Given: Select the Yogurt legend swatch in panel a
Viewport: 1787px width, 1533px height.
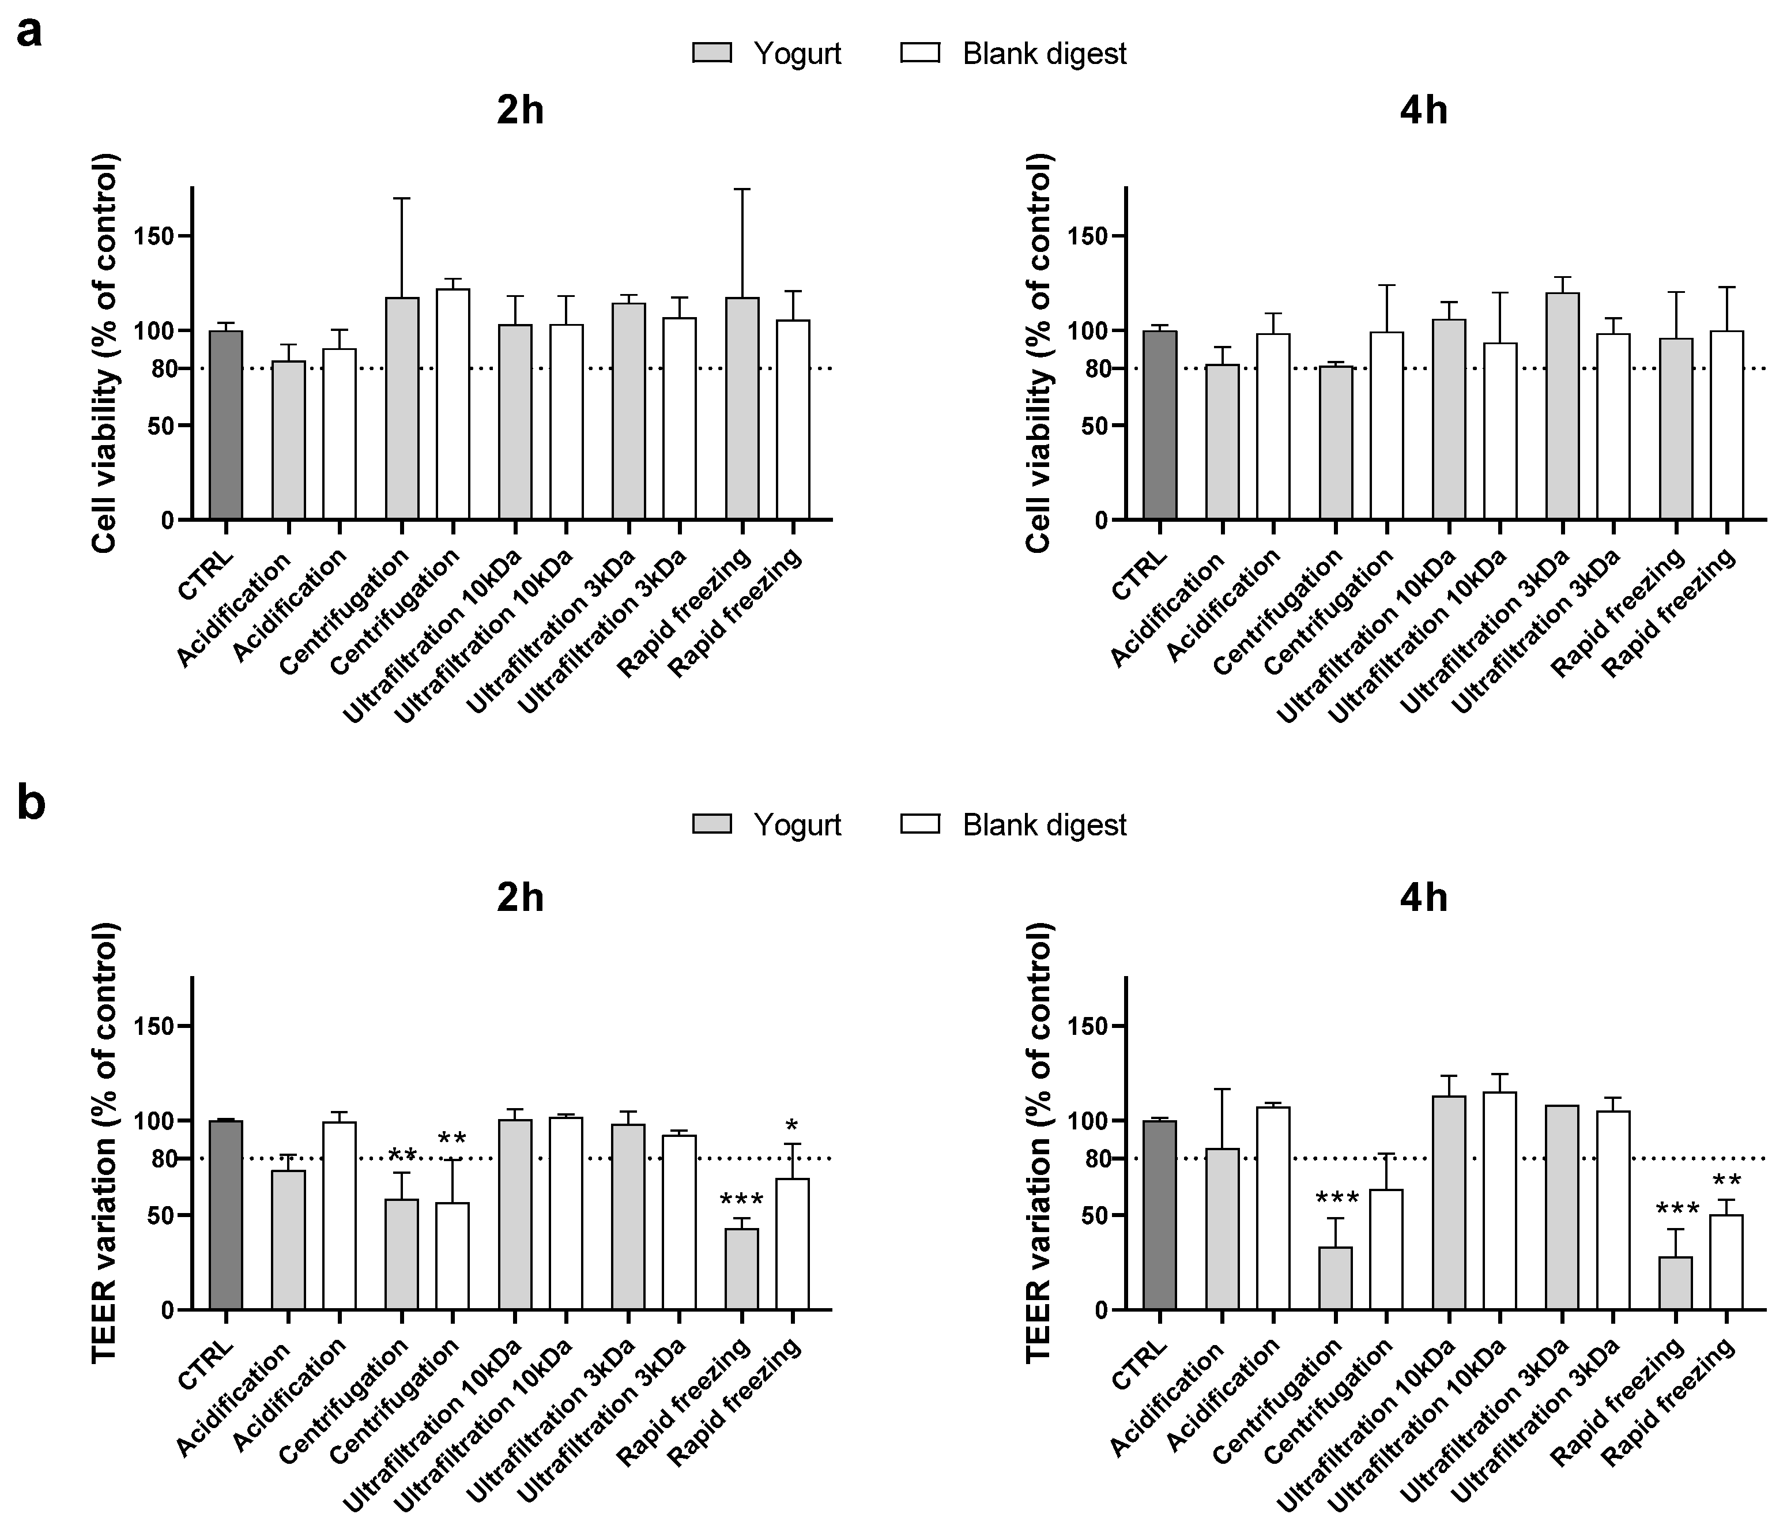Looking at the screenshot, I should [x=711, y=54].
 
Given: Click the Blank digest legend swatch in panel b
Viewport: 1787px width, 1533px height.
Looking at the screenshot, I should [x=919, y=825].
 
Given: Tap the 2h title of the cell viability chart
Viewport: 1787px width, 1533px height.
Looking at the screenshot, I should [x=520, y=111].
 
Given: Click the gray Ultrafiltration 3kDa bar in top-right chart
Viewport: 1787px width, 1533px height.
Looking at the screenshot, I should [x=1562, y=405].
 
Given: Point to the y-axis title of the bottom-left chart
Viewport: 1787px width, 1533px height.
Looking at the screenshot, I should [x=105, y=1143].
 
